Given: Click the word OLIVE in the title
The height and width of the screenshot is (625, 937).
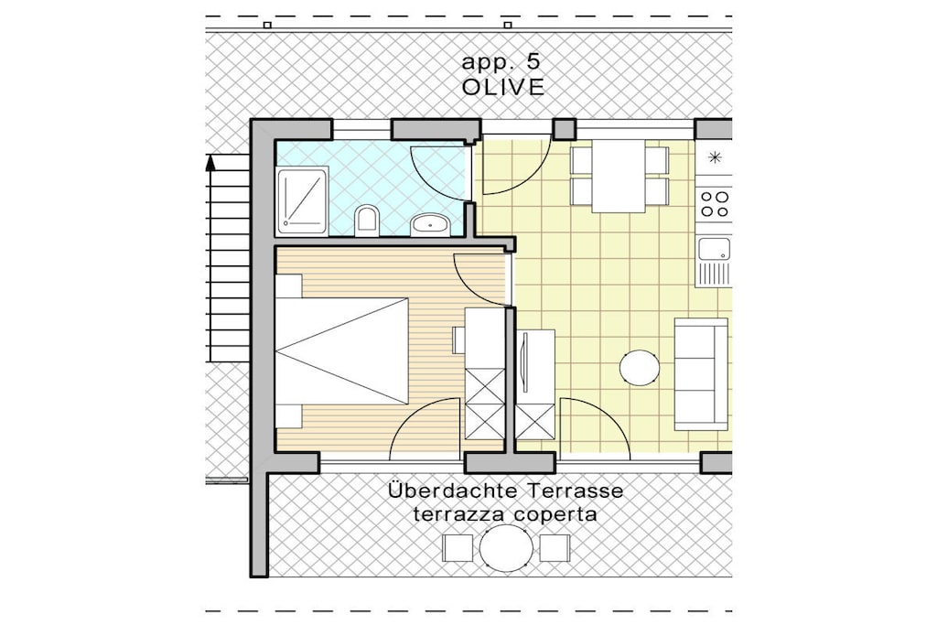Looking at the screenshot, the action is click(503, 87).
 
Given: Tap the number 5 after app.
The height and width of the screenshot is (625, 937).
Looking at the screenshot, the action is click(533, 61).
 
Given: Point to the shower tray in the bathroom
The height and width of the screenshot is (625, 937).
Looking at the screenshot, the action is click(302, 200).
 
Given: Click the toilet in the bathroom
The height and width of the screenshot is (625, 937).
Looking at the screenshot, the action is click(367, 221).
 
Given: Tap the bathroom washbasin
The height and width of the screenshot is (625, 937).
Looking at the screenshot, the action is click(430, 224).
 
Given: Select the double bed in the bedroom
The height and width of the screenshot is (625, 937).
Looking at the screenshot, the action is click(342, 350).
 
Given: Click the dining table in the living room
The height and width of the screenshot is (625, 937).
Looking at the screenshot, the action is click(619, 177).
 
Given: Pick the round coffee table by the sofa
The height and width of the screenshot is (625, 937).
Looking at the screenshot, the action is click(640, 368).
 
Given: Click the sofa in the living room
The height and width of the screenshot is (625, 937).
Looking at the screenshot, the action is click(701, 374).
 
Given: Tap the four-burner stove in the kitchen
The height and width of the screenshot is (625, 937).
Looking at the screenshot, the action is click(715, 204).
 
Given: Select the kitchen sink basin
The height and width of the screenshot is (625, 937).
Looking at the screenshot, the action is click(715, 250).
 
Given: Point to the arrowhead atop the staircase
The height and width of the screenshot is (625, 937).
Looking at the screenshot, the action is click(210, 163).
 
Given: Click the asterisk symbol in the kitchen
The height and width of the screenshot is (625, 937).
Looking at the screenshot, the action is click(715, 157).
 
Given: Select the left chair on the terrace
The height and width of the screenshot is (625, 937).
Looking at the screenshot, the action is click(458, 548).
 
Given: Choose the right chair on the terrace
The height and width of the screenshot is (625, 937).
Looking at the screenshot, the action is click(555, 548).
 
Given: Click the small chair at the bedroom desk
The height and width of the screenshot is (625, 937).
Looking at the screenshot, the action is click(458, 340).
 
